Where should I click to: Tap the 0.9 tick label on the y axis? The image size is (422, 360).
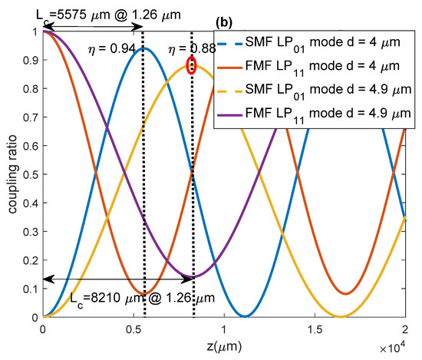[28, 60]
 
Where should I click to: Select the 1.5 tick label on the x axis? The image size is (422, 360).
[315, 329]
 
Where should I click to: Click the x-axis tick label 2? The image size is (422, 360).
[405, 329]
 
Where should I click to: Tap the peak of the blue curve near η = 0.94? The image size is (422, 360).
[143, 48]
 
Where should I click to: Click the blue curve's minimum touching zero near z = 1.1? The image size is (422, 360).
[243, 315]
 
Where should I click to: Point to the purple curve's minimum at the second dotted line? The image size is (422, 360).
[193, 276]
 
